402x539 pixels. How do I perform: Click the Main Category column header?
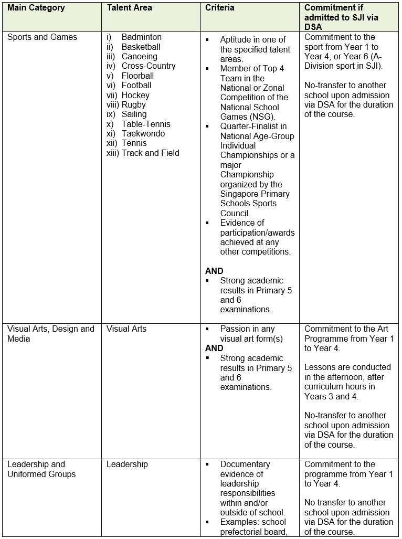click(x=36, y=8)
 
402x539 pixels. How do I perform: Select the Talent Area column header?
click(x=130, y=8)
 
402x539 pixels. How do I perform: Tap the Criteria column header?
click(x=220, y=8)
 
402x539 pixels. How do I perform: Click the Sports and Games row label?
click(x=42, y=37)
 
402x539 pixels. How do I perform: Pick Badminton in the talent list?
click(x=142, y=37)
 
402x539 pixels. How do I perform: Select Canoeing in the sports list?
click(x=140, y=56)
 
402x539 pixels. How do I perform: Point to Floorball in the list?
click(x=138, y=76)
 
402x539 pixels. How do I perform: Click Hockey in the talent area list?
click(x=135, y=95)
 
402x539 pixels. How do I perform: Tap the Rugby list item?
click(x=134, y=104)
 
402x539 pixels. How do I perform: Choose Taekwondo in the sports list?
click(x=143, y=133)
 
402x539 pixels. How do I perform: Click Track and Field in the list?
click(x=151, y=153)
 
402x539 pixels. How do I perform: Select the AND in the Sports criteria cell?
click(x=214, y=271)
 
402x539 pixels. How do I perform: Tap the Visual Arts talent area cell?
click(x=126, y=329)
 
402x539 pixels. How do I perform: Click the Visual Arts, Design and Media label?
click(x=50, y=334)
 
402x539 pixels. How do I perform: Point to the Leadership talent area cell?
click(x=127, y=464)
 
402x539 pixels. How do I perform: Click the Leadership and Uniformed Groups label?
click(x=41, y=469)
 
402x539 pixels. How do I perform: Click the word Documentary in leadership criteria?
click(x=245, y=464)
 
